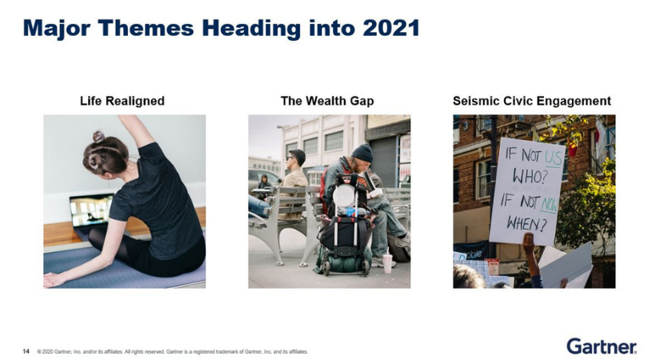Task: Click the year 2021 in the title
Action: click(x=391, y=28)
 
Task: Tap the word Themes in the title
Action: click(x=146, y=28)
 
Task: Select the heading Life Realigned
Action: click(x=122, y=101)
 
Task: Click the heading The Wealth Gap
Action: click(x=327, y=101)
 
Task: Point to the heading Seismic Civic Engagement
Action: click(x=532, y=101)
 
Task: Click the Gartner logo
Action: click(x=602, y=346)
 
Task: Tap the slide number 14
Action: click(x=26, y=351)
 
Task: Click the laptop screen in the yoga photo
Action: click(x=91, y=210)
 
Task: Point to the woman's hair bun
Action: click(x=98, y=136)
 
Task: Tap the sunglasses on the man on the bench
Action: click(x=289, y=158)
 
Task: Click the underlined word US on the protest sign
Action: click(x=553, y=158)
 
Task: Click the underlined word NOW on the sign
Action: click(x=549, y=205)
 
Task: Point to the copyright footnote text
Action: click(x=173, y=351)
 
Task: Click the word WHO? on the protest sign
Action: click(x=530, y=177)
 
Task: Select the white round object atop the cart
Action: click(x=344, y=195)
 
